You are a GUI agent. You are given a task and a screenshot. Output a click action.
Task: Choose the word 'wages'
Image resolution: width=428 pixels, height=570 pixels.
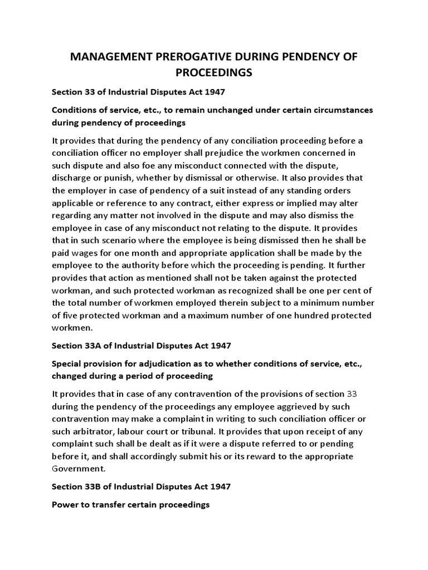[x=87, y=253]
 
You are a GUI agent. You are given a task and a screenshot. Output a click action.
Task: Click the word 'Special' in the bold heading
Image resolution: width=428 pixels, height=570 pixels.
[x=69, y=363]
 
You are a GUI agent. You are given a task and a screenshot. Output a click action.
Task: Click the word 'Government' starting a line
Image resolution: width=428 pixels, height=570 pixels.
[x=79, y=469]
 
